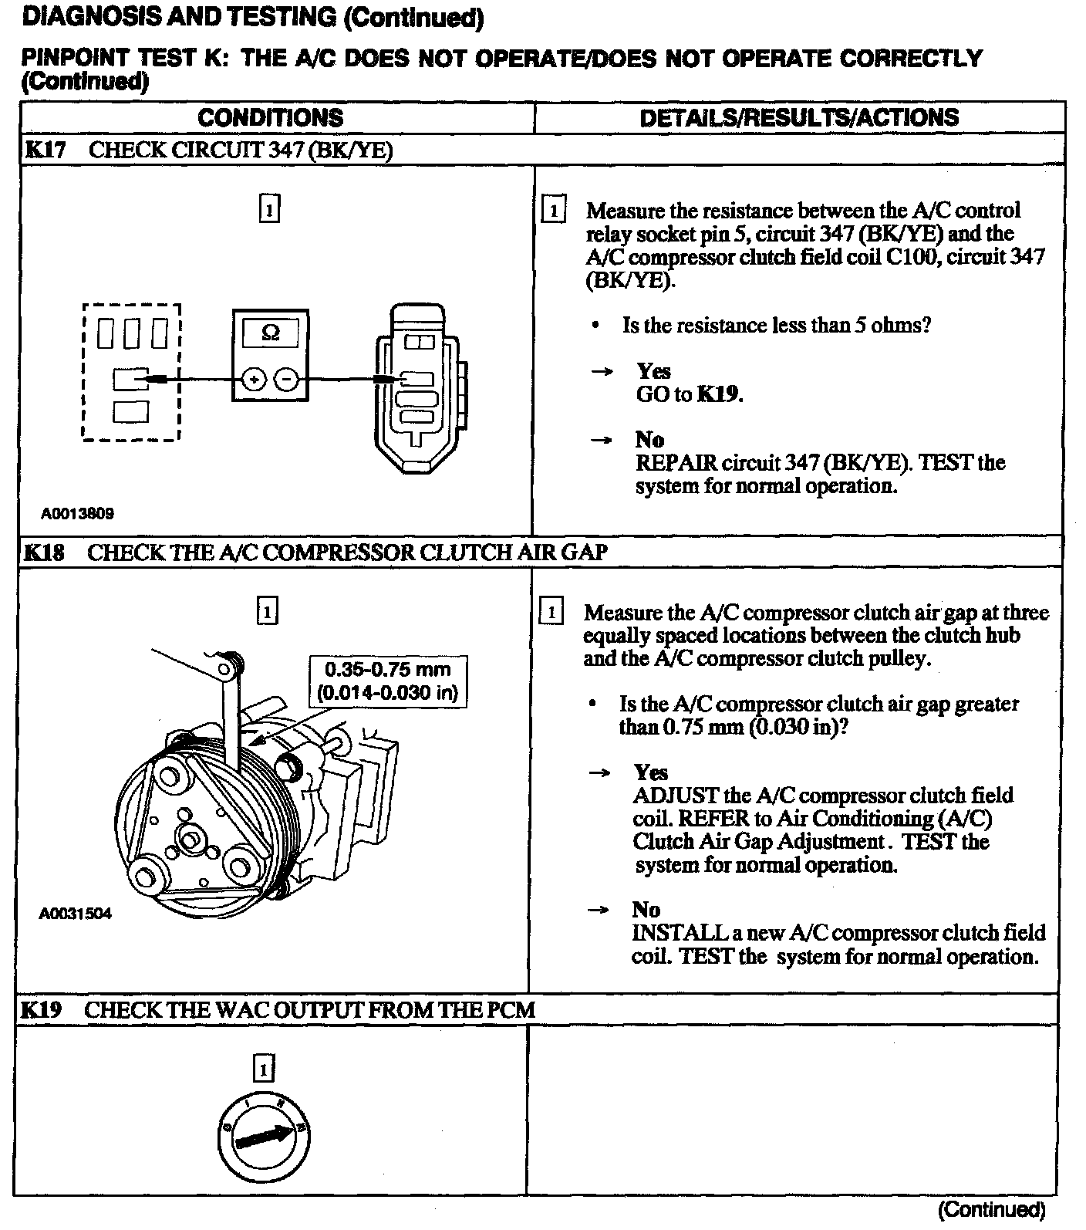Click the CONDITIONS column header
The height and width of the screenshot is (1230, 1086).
click(270, 118)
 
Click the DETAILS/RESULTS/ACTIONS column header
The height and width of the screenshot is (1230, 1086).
click(799, 118)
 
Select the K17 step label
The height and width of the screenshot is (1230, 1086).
click(46, 150)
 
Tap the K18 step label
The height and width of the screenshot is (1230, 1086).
click(45, 552)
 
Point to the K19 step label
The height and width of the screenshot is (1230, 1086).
click(42, 1009)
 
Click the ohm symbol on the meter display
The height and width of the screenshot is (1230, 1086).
click(271, 333)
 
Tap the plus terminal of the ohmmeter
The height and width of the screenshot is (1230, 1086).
click(255, 380)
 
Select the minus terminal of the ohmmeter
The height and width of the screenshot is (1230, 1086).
click(286, 380)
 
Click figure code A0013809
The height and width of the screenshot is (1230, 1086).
click(77, 513)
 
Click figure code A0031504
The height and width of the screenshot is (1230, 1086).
click(76, 914)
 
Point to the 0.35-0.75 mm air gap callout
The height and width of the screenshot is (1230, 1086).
click(387, 681)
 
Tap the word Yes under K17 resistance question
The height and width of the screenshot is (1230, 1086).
click(653, 371)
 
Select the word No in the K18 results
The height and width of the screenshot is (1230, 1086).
click(646, 910)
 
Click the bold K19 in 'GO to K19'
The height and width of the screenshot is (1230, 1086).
click(719, 394)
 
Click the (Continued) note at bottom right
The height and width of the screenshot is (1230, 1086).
click(991, 1209)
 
